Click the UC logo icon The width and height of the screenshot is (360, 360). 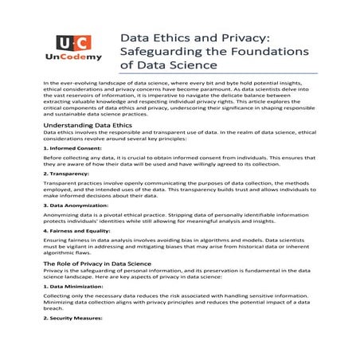click(74, 42)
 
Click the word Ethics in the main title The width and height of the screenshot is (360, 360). click(178, 37)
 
